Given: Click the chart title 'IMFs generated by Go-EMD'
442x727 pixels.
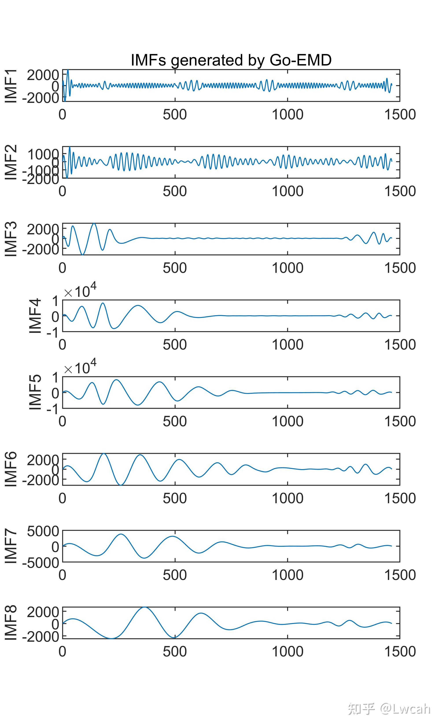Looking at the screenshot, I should click(231, 60).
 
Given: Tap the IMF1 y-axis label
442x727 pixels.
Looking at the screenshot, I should click(11, 86).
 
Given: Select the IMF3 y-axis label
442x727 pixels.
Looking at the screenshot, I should click(11, 239).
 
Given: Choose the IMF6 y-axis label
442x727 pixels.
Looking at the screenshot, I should click(11, 469).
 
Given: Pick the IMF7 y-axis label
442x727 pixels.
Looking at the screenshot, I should click(11, 546).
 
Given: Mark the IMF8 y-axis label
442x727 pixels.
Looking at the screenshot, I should click(11, 623).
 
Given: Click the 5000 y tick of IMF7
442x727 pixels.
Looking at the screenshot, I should click(43, 531).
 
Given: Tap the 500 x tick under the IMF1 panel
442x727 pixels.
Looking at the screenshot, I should click(175, 115).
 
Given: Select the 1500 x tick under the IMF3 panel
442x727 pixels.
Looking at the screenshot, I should click(400, 268).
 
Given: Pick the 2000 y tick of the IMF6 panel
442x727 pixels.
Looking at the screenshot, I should click(43, 460).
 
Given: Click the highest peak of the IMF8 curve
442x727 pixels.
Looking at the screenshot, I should click(144, 607).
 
